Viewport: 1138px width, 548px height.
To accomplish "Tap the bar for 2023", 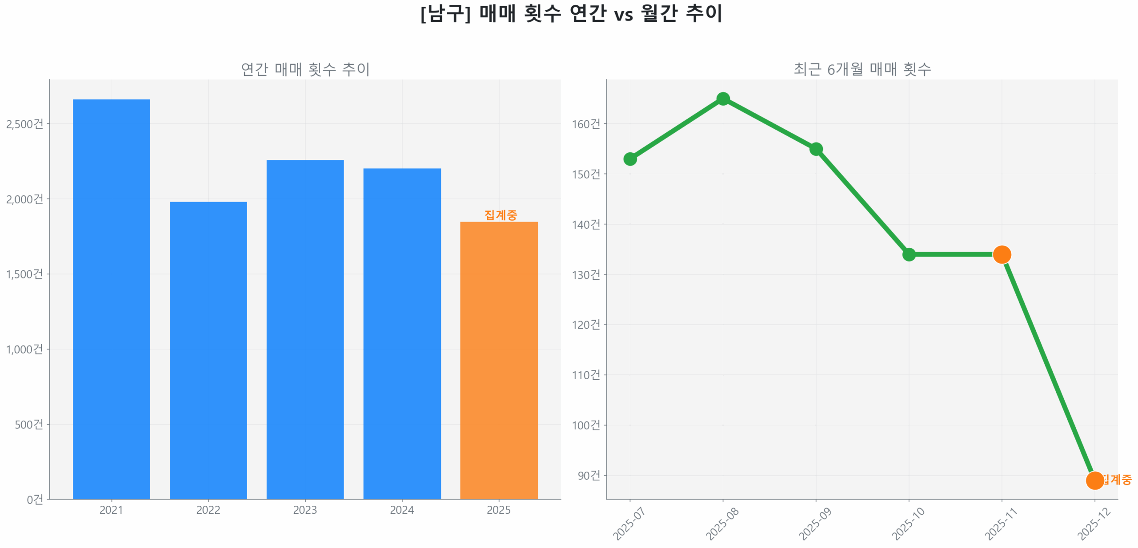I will [305, 329].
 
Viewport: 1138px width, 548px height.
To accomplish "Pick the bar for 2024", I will [402, 333].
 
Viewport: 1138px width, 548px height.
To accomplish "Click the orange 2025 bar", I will [499, 360].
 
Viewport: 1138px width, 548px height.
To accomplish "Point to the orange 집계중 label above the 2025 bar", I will [501, 215].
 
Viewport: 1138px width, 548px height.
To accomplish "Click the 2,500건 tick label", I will [25, 124].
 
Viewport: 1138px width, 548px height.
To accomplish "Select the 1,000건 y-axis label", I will [25, 349].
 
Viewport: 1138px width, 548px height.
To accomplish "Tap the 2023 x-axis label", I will [305, 510].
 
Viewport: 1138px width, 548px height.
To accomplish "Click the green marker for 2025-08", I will [723, 99].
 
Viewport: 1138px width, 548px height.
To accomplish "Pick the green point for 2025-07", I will [630, 159].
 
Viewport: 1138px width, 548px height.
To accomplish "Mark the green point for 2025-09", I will [816, 149].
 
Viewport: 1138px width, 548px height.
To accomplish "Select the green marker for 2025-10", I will [909, 254].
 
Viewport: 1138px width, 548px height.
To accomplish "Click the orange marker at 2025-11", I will [1002, 254].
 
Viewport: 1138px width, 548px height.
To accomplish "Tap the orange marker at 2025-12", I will [1094, 480].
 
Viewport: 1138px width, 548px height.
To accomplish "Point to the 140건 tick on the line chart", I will [586, 224].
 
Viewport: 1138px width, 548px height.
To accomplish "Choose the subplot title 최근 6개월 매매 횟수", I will [862, 69].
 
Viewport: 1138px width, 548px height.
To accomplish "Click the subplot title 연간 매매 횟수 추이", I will [305, 69].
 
